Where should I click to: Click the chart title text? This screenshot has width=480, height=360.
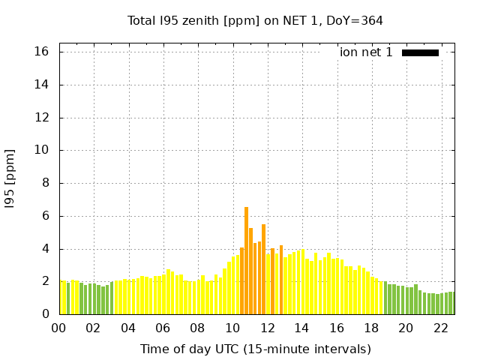pos(255,20)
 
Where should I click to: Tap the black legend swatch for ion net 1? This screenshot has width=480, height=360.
pos(420,52)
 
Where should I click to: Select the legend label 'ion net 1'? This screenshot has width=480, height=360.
pos(366,52)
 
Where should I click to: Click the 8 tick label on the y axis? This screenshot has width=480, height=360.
pos(45,183)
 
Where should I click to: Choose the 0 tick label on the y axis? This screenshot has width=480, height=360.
pos(45,314)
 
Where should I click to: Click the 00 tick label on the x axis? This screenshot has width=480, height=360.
pos(59,328)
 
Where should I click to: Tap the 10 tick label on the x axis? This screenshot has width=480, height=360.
pos(232,328)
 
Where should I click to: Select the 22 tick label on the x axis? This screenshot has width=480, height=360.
pos(440,328)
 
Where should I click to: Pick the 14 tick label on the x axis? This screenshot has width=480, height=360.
pos(301,328)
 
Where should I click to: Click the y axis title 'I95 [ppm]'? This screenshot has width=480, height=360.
pos(10,178)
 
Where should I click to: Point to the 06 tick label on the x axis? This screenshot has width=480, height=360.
pos(163,328)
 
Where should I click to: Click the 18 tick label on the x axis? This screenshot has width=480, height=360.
pos(371,328)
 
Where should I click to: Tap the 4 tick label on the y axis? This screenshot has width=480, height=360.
pos(45,249)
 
